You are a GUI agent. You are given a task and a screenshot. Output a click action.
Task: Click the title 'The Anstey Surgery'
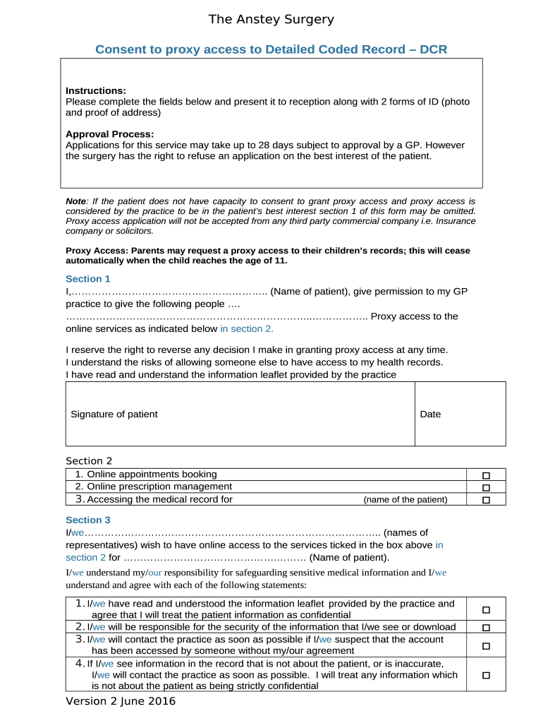click(271, 20)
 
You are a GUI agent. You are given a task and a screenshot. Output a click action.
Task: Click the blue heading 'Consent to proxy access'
click(271, 49)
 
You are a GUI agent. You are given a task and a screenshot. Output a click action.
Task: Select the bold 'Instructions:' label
click(96, 90)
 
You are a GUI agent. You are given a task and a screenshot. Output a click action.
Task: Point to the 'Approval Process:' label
click(109, 134)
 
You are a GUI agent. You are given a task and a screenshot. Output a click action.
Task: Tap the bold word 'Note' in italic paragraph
click(76, 201)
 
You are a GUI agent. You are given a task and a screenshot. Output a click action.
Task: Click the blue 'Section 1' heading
click(88, 279)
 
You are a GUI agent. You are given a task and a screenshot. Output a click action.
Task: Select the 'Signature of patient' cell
click(114, 414)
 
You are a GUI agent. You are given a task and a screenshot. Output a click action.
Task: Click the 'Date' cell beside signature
click(430, 414)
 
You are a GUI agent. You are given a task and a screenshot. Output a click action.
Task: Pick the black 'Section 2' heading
click(89, 461)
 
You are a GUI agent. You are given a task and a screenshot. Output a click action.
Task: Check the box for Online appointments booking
click(485, 475)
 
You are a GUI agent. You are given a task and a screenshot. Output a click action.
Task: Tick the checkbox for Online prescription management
click(485, 487)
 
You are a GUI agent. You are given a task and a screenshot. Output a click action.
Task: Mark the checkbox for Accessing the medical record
click(485, 500)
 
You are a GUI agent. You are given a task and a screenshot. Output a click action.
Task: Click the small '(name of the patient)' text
click(405, 500)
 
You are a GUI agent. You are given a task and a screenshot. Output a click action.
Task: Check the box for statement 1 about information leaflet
click(485, 609)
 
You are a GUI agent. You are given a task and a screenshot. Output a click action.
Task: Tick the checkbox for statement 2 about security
click(485, 628)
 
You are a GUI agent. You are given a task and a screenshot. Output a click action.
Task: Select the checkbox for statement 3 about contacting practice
click(485, 645)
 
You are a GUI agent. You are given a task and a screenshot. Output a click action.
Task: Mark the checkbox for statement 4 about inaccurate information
click(485, 675)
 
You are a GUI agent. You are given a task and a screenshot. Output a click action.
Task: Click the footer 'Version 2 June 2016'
click(121, 702)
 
